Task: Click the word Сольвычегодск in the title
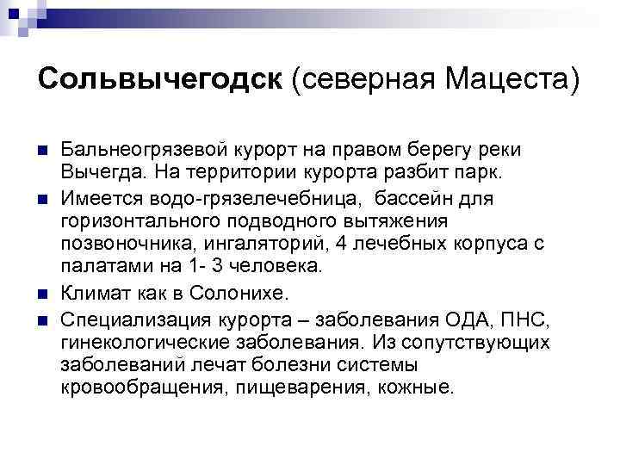160,80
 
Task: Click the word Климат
95,294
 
